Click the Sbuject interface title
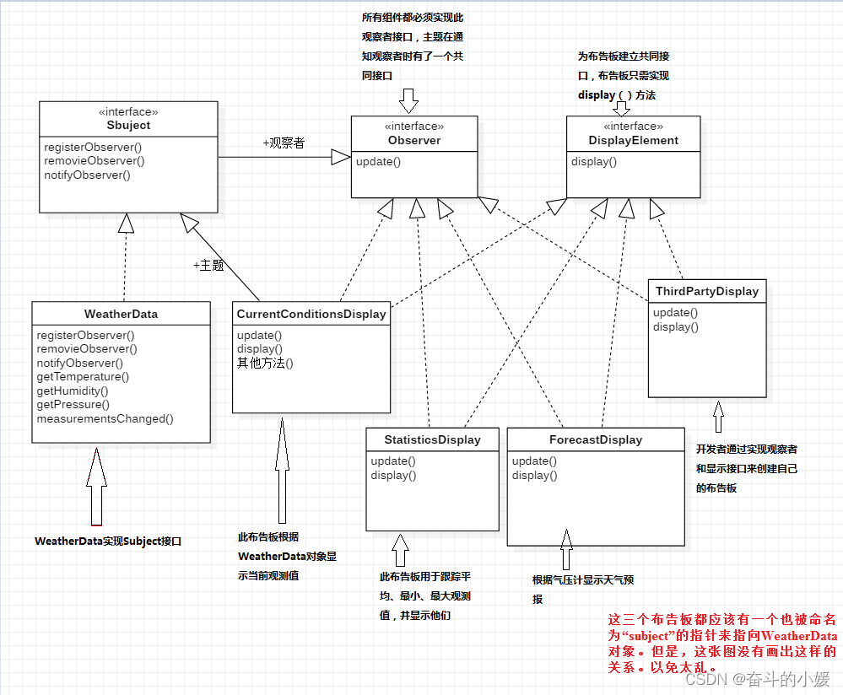pos(129,125)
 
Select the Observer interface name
pos(414,140)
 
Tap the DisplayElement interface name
pos(634,140)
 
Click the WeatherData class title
pos(121,314)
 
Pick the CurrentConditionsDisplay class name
pos(311,314)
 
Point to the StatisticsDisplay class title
pos(432,439)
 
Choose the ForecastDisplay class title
pos(596,439)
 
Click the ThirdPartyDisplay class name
pos(707,291)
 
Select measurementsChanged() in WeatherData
pos(105,418)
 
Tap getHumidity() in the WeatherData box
pos(73,391)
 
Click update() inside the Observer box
pos(378,161)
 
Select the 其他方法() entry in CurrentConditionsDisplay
pos(265,364)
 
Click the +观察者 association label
pos(284,143)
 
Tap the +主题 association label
pos(208,265)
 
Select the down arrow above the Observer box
pos(409,100)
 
